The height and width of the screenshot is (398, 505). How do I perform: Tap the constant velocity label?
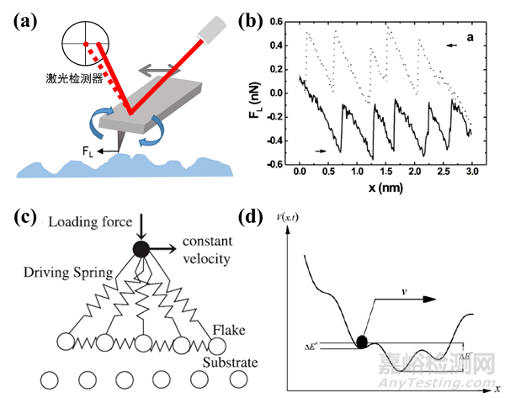click(203, 247)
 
